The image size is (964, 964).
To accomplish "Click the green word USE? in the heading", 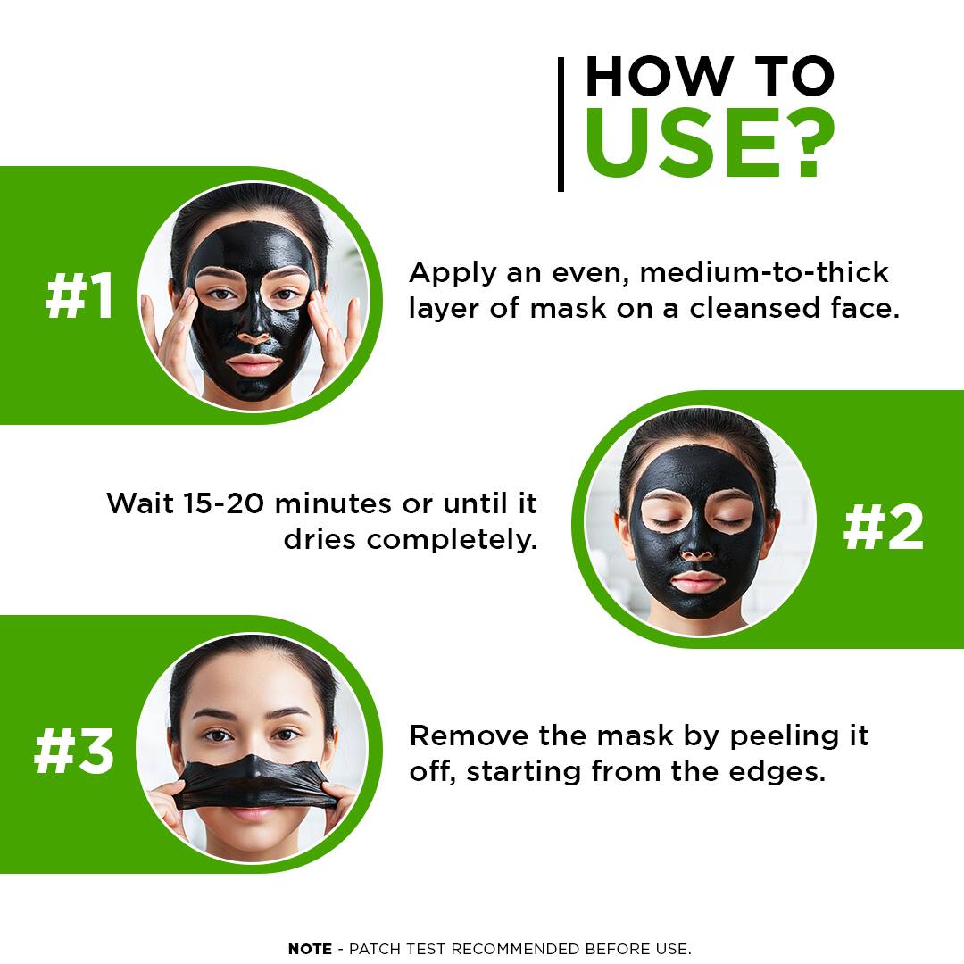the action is point(710,143).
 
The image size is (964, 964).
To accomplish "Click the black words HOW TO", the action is point(710,76).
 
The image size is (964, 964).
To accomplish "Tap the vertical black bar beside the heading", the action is point(561,124).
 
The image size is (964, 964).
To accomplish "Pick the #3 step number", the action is point(74,751).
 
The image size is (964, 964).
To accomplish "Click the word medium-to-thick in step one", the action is point(764,272).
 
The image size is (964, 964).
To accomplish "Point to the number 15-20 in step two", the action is point(224,503).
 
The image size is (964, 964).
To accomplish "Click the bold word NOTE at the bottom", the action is point(310,949).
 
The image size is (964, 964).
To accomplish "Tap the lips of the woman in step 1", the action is point(253,364).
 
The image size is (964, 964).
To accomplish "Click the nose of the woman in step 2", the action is point(697,548).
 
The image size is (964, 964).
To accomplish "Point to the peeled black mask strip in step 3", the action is point(253,781).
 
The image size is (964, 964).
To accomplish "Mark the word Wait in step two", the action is point(141,503).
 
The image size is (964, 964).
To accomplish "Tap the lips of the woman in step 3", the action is point(252,815).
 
